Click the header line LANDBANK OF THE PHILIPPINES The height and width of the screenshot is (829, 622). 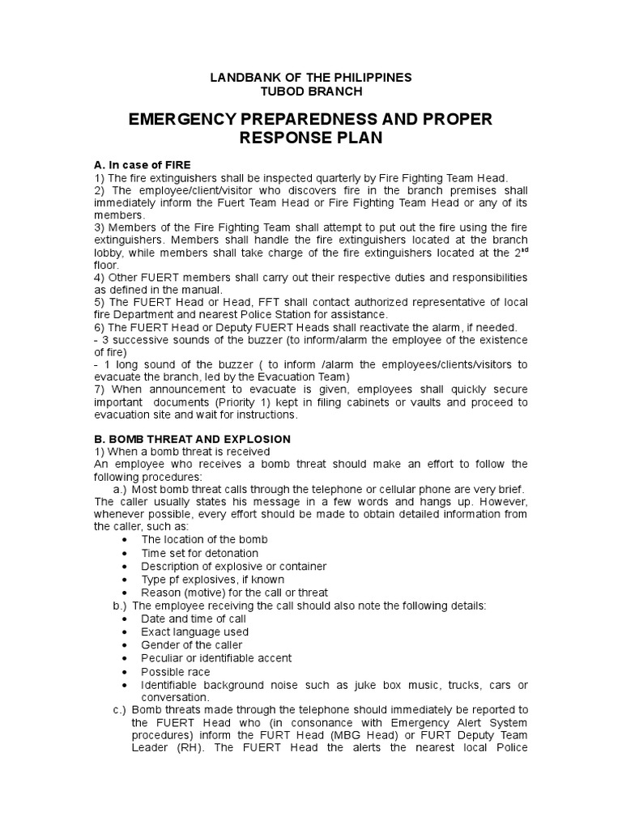[311, 78]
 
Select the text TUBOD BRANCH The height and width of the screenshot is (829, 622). [311, 91]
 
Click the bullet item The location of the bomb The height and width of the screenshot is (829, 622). [204, 539]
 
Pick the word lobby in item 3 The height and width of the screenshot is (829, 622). [108, 253]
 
